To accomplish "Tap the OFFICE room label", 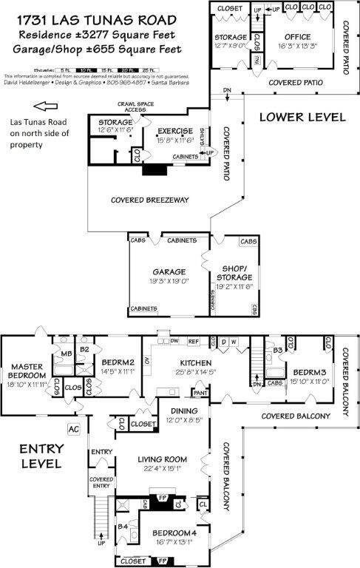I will [x=297, y=37].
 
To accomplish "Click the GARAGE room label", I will [x=169, y=271].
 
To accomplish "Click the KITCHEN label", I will [x=196, y=362].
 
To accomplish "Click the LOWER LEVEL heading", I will [x=302, y=116].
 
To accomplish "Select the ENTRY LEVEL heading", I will [x=38, y=456].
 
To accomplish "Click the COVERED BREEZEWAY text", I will [x=149, y=200].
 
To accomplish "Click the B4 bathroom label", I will [x=124, y=528].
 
